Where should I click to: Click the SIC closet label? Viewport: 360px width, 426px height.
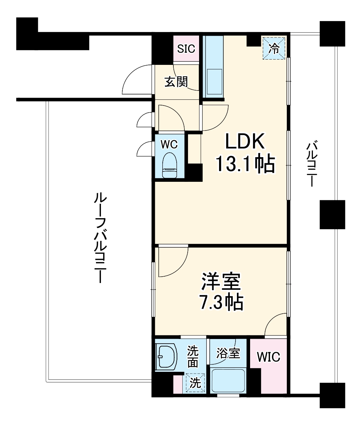pyautogui.click(x=186, y=48)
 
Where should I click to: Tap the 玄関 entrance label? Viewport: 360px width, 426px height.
pyautogui.click(x=176, y=82)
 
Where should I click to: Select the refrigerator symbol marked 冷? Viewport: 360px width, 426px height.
pyautogui.click(x=274, y=48)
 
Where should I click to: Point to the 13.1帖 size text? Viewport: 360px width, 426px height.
pyautogui.click(x=245, y=164)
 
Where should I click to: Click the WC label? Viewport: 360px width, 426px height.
pyautogui.click(x=169, y=144)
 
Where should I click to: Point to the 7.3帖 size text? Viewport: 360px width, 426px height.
pyautogui.click(x=221, y=303)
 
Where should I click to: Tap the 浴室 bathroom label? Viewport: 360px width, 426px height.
pyautogui.click(x=228, y=353)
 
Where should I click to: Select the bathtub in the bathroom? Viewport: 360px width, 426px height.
pyautogui.click(x=228, y=381)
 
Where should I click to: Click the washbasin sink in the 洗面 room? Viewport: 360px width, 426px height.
pyautogui.click(x=167, y=356)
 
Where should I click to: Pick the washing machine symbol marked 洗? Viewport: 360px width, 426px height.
pyautogui.click(x=195, y=383)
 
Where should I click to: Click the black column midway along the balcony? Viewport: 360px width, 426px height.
pyautogui.click(x=332, y=214)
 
